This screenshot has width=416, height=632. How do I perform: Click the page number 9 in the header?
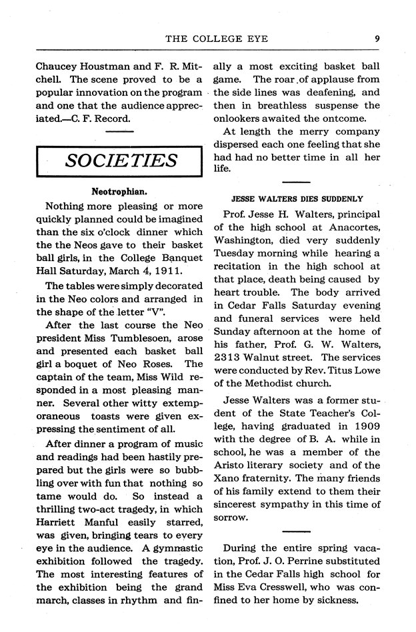(377, 38)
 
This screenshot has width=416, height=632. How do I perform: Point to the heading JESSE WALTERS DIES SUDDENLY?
(297, 198)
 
